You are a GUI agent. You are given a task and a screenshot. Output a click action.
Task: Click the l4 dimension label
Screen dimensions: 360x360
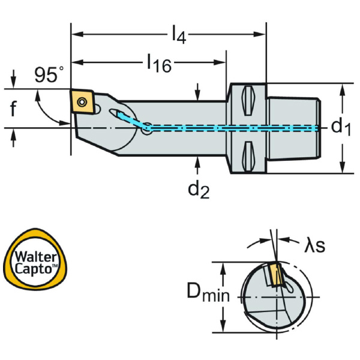click(x=178, y=35)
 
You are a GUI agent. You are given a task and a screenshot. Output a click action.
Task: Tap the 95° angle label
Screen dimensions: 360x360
click(x=48, y=76)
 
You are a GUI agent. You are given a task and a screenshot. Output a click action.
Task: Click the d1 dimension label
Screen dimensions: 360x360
click(x=341, y=127)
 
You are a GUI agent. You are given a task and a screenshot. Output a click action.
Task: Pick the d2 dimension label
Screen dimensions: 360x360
click(x=199, y=190)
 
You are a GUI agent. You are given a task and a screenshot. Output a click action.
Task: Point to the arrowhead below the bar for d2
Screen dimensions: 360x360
click(x=198, y=160)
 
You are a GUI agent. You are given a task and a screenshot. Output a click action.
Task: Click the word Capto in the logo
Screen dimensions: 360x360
click(x=37, y=269)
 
